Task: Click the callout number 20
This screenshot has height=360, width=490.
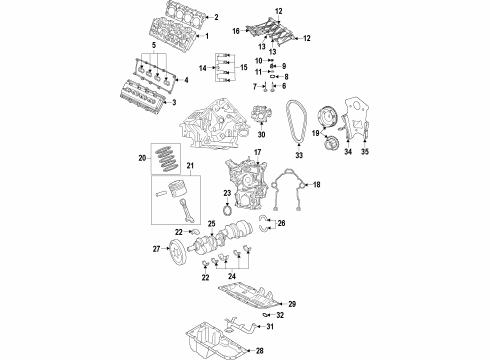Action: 141,157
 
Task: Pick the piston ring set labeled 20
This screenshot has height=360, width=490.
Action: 164,157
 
